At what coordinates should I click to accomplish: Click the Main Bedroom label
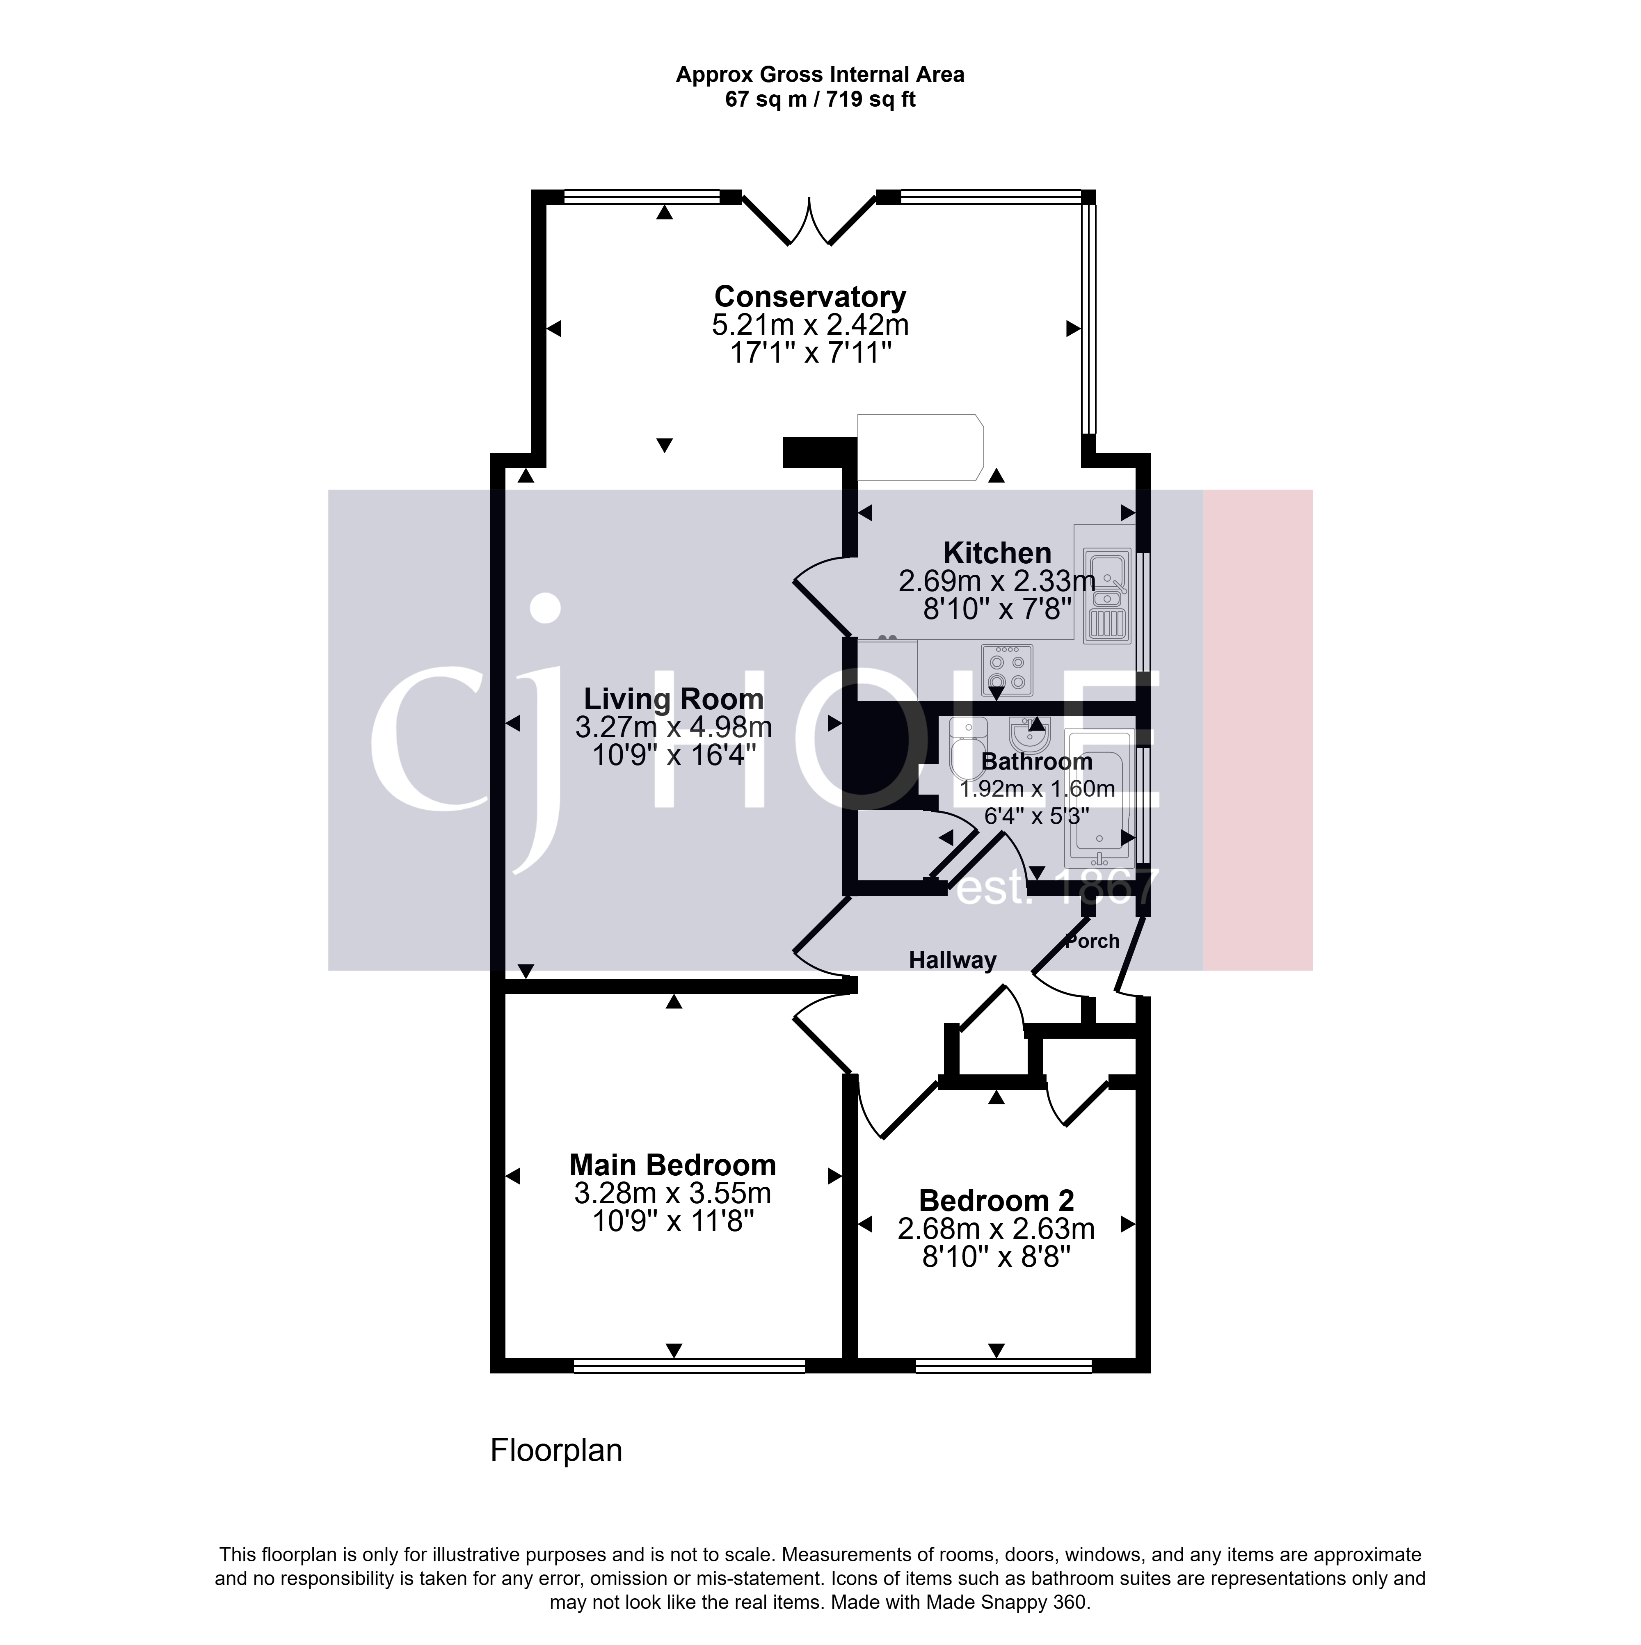673,1165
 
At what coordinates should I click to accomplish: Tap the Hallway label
952,960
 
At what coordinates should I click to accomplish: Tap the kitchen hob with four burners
1007,669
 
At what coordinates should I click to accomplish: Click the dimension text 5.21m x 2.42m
810,324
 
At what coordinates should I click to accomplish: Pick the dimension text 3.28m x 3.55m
673,1193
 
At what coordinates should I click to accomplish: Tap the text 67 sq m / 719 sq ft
820,100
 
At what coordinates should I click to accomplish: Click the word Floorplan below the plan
556,1450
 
